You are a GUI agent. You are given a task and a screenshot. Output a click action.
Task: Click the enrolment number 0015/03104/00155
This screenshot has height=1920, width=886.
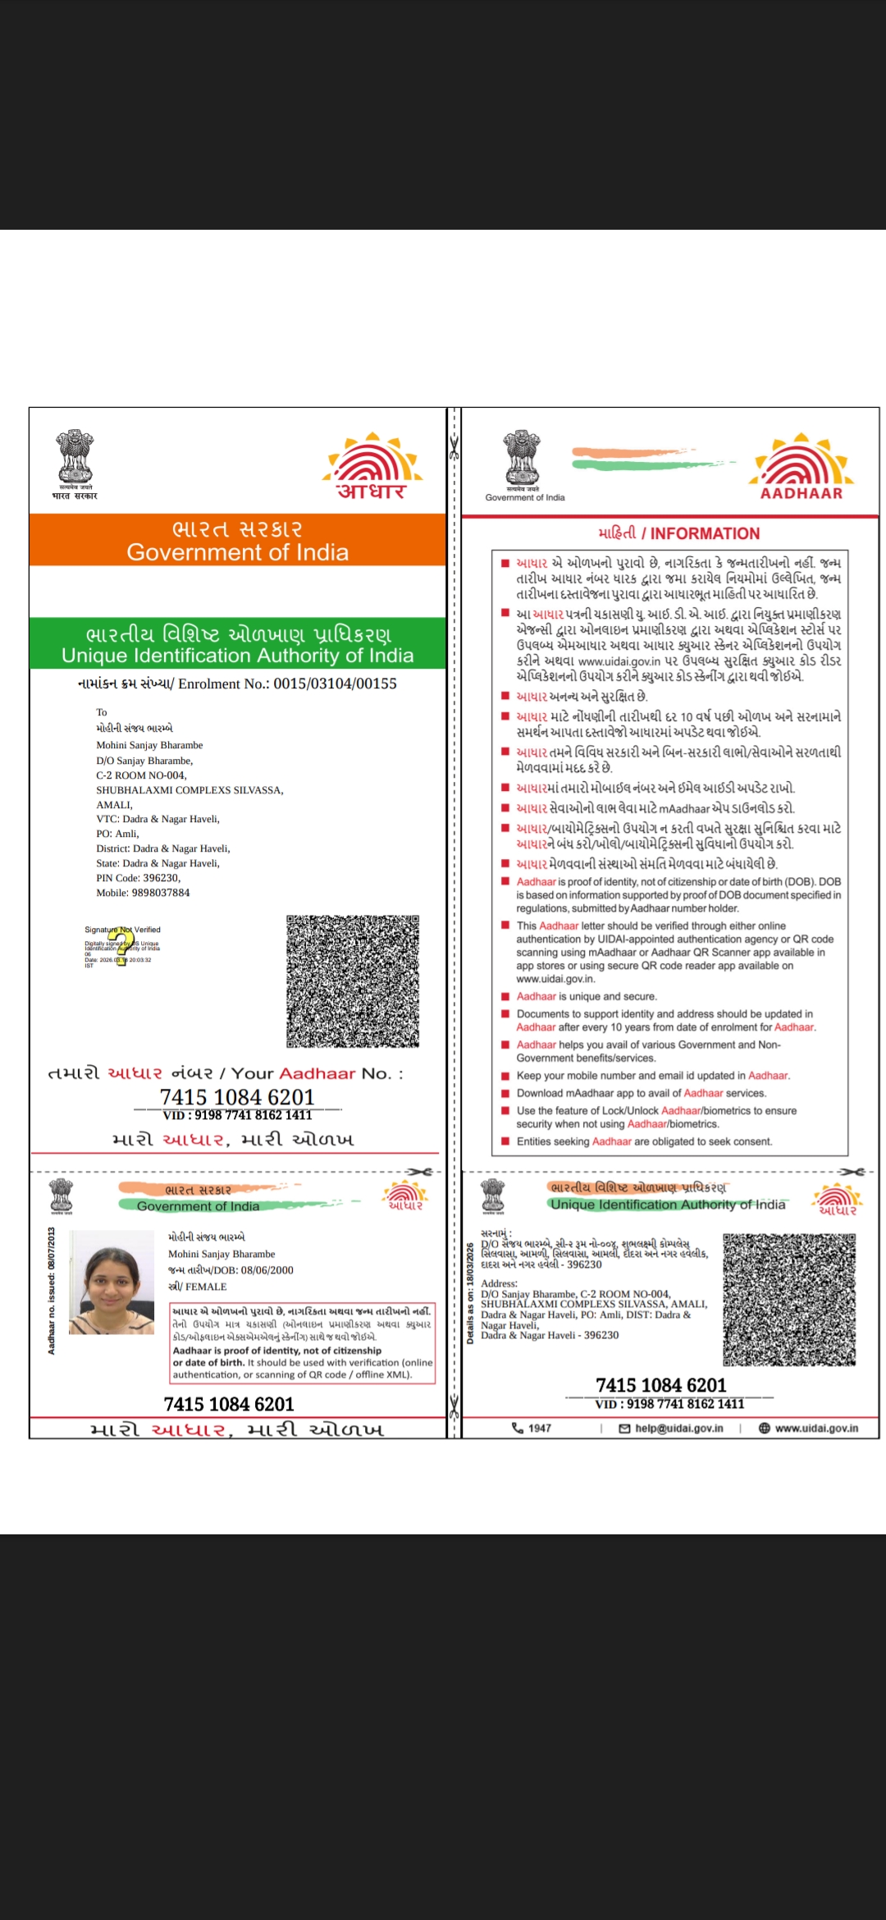[x=335, y=683]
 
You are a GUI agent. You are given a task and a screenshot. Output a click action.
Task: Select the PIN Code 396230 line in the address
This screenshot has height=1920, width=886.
[x=138, y=878]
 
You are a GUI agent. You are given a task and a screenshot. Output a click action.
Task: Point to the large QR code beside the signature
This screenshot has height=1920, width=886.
[x=353, y=981]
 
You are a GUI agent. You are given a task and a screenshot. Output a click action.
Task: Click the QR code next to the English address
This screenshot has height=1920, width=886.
[x=788, y=1299]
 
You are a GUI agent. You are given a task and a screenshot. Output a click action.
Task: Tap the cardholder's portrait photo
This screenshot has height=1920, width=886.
[x=112, y=1282]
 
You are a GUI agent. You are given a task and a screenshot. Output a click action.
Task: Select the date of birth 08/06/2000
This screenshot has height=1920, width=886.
[x=267, y=1270]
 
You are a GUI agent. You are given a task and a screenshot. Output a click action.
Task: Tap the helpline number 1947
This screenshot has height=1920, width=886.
[x=539, y=1429]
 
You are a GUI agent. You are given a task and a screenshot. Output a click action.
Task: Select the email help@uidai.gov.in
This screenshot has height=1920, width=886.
[x=678, y=1429]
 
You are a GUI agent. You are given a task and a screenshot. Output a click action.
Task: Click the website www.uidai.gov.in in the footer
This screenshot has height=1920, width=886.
[x=815, y=1429]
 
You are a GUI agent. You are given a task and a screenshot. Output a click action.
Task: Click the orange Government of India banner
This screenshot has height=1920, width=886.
[x=237, y=540]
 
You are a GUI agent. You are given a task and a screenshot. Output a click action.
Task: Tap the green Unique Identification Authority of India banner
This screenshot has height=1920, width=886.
[x=237, y=644]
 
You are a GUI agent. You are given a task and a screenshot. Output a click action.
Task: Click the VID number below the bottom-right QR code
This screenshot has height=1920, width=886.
[x=669, y=1404]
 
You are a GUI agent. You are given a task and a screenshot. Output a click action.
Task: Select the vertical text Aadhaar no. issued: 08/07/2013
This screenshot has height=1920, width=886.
[x=52, y=1291]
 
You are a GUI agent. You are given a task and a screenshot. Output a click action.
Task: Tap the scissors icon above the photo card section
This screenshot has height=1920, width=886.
[x=420, y=1172]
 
